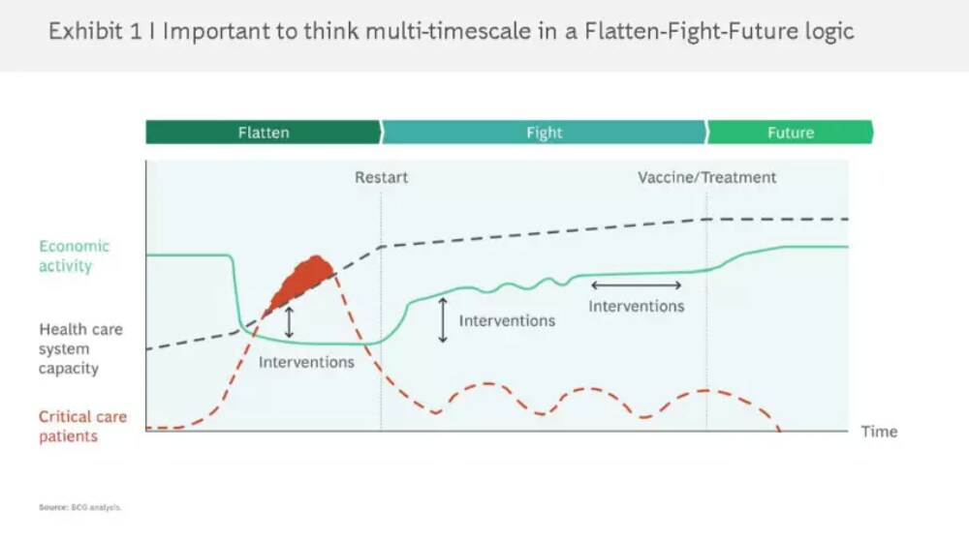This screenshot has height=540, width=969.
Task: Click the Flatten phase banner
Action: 264,132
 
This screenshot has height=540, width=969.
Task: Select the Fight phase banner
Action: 544,132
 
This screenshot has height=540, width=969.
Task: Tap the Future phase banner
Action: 791,132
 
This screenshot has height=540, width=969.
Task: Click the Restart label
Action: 381,178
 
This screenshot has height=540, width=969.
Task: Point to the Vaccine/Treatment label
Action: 707,178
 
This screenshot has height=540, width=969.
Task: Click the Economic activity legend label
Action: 75,256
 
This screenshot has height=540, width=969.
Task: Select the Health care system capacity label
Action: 80,348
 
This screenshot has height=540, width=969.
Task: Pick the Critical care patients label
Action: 82,426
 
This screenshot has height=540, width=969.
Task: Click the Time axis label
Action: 879,432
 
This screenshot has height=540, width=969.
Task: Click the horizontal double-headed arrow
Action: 636,285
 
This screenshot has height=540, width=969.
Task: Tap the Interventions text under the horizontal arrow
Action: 636,306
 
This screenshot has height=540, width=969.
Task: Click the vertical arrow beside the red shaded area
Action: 289,322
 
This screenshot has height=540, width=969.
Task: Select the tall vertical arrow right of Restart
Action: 443,319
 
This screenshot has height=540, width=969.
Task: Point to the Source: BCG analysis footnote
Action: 80,507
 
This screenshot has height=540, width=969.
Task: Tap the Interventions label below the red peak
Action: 306,362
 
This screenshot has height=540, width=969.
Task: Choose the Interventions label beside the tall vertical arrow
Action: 507,321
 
